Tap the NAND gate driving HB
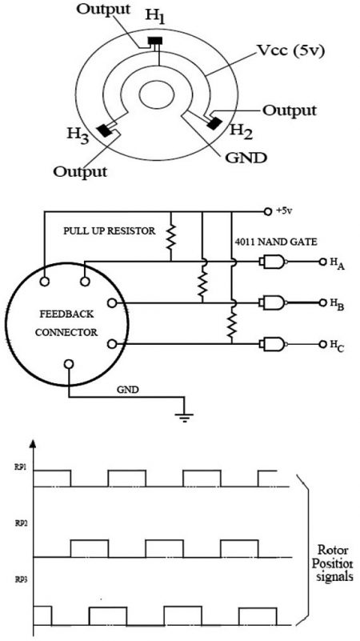tap(272, 303)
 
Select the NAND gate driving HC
tap(272, 344)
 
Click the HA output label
tap(329, 262)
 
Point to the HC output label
tap(329, 346)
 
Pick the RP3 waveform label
tap(20, 577)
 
